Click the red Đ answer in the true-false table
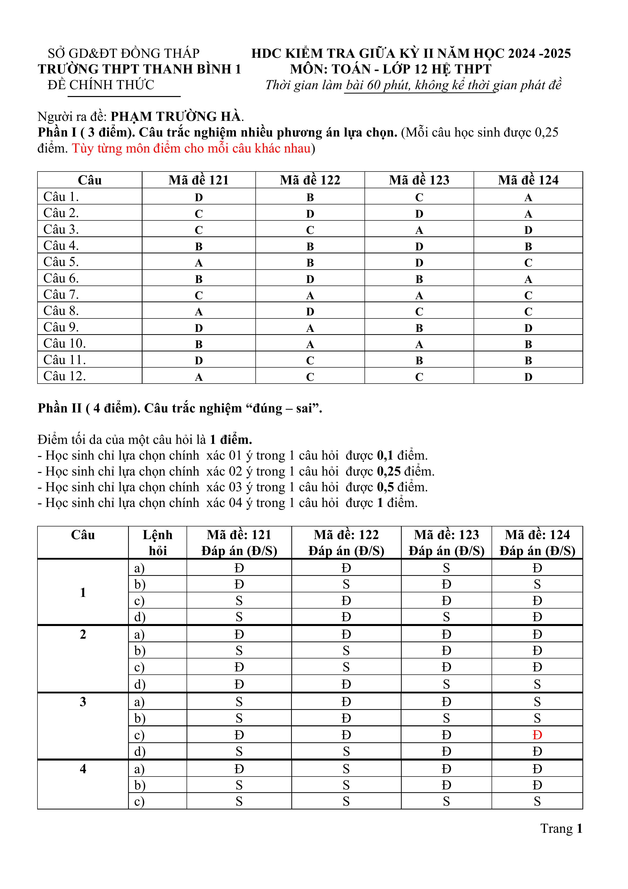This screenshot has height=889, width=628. click(x=537, y=735)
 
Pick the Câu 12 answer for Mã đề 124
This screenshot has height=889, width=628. click(x=528, y=377)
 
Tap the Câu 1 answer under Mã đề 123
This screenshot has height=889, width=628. click(x=419, y=197)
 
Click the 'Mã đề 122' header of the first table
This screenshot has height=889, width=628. click(x=310, y=180)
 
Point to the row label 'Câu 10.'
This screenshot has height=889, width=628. click(x=65, y=344)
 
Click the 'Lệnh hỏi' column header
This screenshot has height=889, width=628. click(x=157, y=542)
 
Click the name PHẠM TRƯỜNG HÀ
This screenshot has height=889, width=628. click(x=176, y=117)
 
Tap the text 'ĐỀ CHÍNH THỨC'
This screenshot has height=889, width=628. click(x=101, y=85)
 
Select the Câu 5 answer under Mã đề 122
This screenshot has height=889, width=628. click(x=310, y=263)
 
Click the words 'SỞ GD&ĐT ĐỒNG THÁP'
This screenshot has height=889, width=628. click(x=124, y=53)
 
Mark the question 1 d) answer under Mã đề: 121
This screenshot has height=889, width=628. click(x=239, y=617)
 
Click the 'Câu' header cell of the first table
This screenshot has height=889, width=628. click(x=90, y=180)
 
